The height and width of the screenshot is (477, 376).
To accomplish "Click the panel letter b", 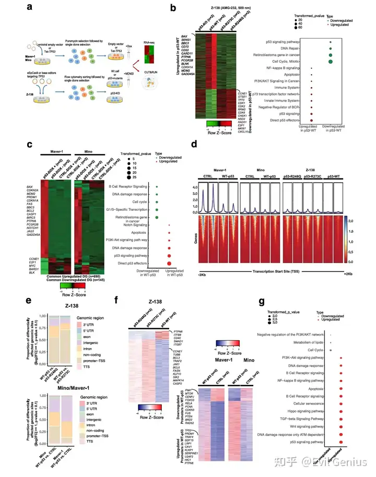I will point(173,7).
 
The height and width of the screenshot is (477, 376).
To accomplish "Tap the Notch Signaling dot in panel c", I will point(168,225).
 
